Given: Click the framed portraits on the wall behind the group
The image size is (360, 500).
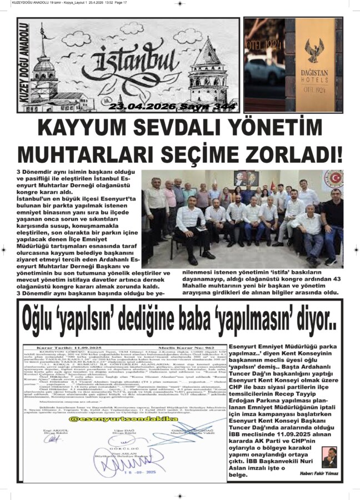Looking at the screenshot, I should coord(247,178).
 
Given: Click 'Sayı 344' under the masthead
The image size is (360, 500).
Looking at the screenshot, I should coord(194,106).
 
